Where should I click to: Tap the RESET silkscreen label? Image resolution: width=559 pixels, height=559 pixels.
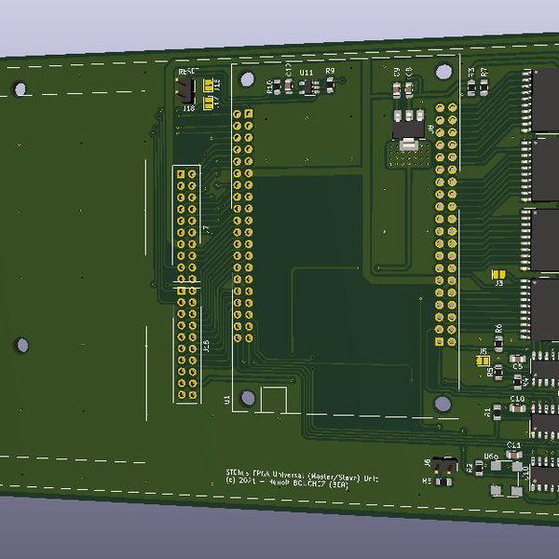(187, 71)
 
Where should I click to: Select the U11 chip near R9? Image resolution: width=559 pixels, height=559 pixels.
(307, 87)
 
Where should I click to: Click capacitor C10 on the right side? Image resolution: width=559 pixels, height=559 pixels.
(517, 407)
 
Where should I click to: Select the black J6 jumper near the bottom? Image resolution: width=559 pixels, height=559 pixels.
(445, 463)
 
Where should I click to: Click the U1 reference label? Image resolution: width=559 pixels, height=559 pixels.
(226, 400)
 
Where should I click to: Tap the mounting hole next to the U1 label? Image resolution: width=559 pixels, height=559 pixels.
(248, 398)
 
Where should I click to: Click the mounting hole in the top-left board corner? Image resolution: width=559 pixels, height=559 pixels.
(20, 89)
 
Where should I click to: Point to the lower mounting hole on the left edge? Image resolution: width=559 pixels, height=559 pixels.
(21, 345)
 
